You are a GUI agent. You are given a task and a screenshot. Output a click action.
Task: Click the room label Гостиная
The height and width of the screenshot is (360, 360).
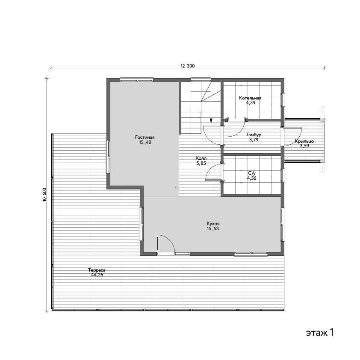coord(145,138)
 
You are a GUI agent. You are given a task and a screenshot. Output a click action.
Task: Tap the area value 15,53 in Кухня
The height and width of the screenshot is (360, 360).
coord(213,228)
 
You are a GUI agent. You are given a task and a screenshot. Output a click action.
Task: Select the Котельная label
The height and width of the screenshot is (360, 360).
coord(250,98)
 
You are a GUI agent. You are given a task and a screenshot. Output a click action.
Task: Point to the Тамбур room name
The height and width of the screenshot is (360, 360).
coord(254,135)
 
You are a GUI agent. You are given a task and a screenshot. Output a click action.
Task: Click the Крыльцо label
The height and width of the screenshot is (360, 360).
coord(304,141)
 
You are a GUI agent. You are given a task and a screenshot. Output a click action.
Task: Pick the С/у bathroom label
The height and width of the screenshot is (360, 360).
coord(252,173)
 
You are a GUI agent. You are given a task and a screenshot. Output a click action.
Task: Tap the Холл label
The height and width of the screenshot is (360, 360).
coord(201,158)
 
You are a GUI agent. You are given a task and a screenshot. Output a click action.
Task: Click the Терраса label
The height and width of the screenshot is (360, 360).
coord(97,270)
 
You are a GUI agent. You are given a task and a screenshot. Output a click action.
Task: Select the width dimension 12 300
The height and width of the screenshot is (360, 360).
coord(188,66)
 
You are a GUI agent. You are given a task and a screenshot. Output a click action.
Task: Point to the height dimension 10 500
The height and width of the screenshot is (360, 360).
coord(44,195)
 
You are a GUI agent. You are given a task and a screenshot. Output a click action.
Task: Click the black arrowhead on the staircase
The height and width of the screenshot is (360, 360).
coord(211,120)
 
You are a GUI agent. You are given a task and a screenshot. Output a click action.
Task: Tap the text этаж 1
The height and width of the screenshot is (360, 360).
coord(319,332)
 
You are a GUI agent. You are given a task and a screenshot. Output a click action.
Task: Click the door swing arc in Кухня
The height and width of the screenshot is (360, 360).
coord(170,240)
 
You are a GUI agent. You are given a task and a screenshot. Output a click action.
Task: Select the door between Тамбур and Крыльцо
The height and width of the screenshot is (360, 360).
coord(292,136)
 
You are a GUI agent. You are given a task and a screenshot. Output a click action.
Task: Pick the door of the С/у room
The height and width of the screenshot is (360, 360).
coord(214,172)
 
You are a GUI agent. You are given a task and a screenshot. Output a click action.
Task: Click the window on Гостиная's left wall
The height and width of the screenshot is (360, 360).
coord(108,157)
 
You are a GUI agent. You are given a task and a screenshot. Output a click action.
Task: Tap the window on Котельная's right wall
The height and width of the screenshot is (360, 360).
coord(283,100)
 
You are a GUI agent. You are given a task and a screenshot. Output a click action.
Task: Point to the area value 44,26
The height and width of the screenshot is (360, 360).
coord(97,275)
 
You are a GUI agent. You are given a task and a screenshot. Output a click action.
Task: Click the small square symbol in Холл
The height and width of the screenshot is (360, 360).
coord(177,187)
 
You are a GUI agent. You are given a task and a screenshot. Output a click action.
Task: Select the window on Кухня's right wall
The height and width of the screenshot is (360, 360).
coord(283,225)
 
